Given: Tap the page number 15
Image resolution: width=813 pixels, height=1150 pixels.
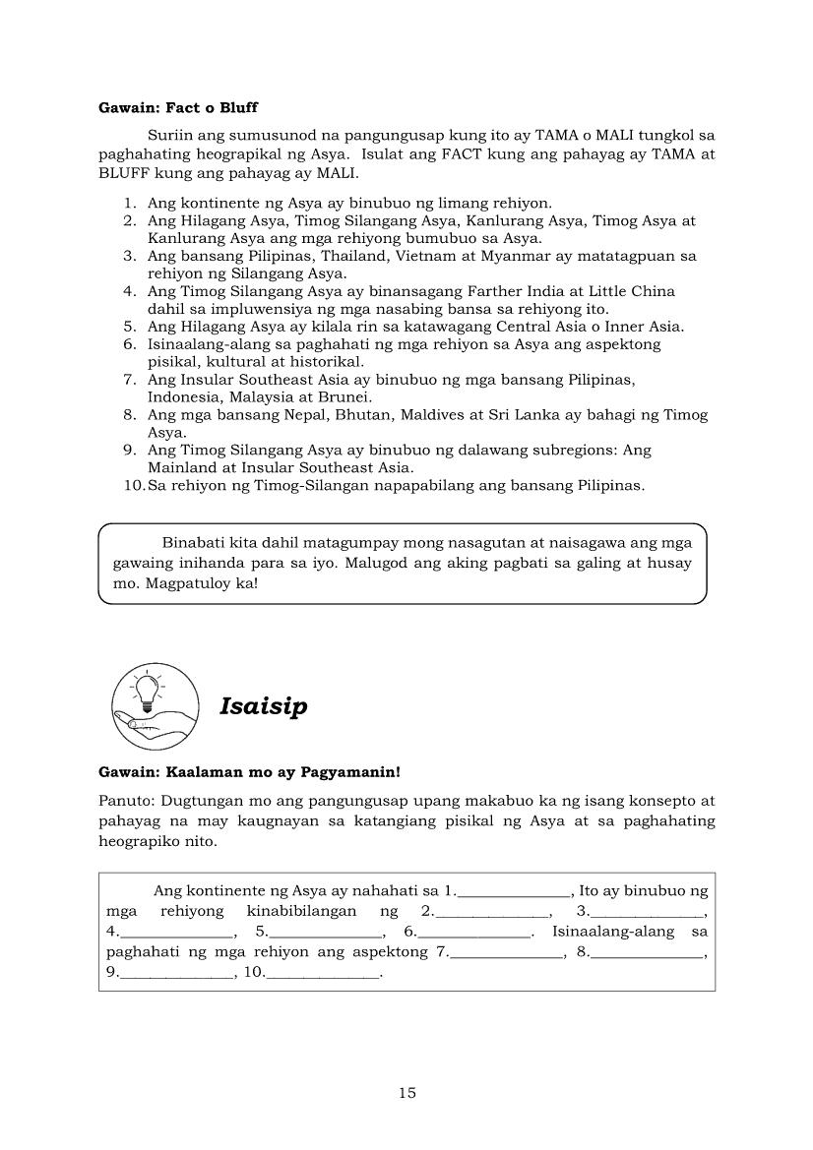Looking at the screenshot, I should [x=407, y=1092].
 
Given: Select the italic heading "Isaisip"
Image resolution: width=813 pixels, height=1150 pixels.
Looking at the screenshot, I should [x=264, y=706].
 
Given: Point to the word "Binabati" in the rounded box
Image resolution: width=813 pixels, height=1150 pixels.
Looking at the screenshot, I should [x=190, y=542].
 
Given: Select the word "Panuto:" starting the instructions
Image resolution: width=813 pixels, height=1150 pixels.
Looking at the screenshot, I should [x=126, y=801].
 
